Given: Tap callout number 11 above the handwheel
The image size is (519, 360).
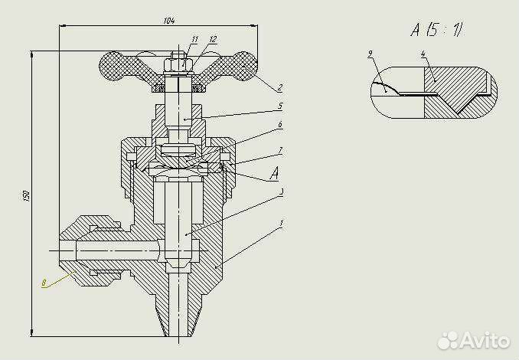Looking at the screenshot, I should (195, 38).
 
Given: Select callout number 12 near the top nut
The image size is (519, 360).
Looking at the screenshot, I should (212, 38).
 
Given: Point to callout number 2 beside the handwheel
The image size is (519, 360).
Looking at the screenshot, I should (280, 88).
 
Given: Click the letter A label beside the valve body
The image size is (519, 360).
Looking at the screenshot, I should (274, 175).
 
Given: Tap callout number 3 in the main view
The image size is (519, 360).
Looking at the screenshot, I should (282, 191).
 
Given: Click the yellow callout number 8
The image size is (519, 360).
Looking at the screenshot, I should (44, 283).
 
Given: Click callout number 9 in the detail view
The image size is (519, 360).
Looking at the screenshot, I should (370, 54).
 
